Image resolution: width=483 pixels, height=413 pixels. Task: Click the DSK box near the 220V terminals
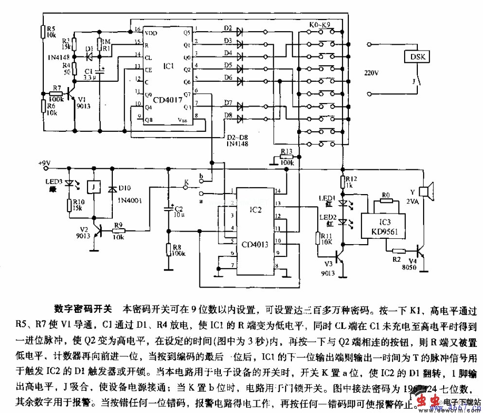(x=417, y=56)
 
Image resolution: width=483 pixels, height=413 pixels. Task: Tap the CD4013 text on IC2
(x=251, y=245)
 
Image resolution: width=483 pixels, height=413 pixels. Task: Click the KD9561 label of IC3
(x=384, y=232)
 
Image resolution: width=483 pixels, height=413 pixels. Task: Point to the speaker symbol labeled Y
(x=427, y=192)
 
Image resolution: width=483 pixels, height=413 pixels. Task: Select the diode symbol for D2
(x=240, y=32)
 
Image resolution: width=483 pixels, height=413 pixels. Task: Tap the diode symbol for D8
(x=240, y=118)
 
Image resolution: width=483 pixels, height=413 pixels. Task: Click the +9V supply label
(x=45, y=162)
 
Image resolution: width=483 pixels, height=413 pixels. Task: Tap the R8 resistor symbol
(x=168, y=250)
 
